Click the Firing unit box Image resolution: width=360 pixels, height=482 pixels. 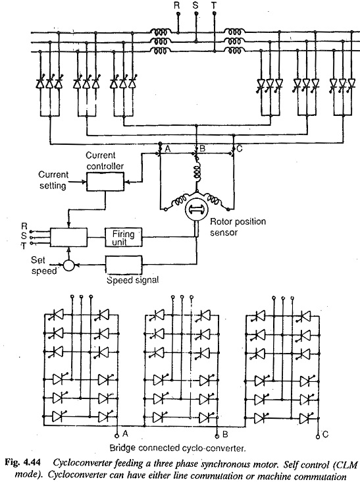click(124, 237)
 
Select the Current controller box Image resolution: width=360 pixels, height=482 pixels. click(105, 182)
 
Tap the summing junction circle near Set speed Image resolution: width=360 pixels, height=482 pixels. click(69, 265)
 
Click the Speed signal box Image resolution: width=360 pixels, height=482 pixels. click(124, 265)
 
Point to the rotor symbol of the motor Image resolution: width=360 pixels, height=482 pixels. click(197, 209)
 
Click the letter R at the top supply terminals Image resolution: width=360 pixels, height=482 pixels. click(176, 5)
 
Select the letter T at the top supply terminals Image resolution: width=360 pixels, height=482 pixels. click(214, 5)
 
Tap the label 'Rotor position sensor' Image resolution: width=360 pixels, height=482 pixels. click(238, 227)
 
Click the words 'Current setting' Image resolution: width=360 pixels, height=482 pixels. click(53, 180)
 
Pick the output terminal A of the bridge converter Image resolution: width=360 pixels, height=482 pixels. click(116, 436)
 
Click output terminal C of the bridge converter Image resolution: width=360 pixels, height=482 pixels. click(318, 436)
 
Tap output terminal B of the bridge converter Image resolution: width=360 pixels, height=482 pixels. click(217, 436)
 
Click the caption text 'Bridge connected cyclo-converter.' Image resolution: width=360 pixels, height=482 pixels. click(178, 448)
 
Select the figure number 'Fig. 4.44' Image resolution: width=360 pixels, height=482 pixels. click(24, 463)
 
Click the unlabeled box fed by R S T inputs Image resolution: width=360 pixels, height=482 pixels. click(68, 237)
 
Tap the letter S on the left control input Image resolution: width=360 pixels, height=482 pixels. click(24, 236)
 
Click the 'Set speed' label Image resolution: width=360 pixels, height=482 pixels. click(43, 265)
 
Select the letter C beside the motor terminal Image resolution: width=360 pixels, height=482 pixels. click(240, 149)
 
